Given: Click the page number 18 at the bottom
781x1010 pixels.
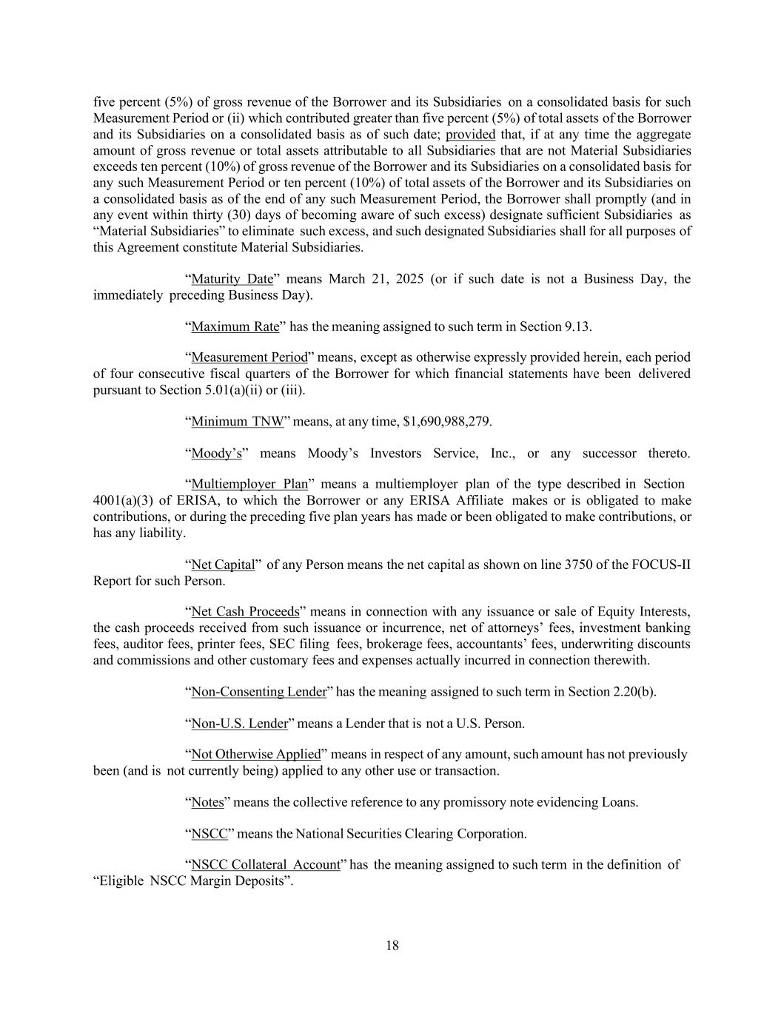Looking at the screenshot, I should tap(392, 945).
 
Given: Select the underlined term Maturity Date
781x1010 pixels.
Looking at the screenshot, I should tap(232, 279).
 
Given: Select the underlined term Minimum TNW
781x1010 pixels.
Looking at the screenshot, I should tap(238, 422).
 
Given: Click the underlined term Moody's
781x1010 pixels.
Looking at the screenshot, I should tap(216, 453).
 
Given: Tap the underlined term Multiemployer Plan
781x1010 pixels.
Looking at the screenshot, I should tap(249, 484).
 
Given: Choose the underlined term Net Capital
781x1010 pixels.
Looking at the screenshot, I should tap(223, 565).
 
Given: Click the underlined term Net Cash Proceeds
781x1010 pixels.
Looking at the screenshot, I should tap(245, 612).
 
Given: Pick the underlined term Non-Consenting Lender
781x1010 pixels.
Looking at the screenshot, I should tap(258, 692).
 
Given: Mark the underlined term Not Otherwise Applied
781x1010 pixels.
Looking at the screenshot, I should tap(255, 755).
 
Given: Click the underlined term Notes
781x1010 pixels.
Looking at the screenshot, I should tap(207, 802).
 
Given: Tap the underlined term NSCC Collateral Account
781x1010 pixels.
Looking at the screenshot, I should tap(265, 864).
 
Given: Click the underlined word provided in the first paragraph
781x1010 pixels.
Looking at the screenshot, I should tap(470, 135).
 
